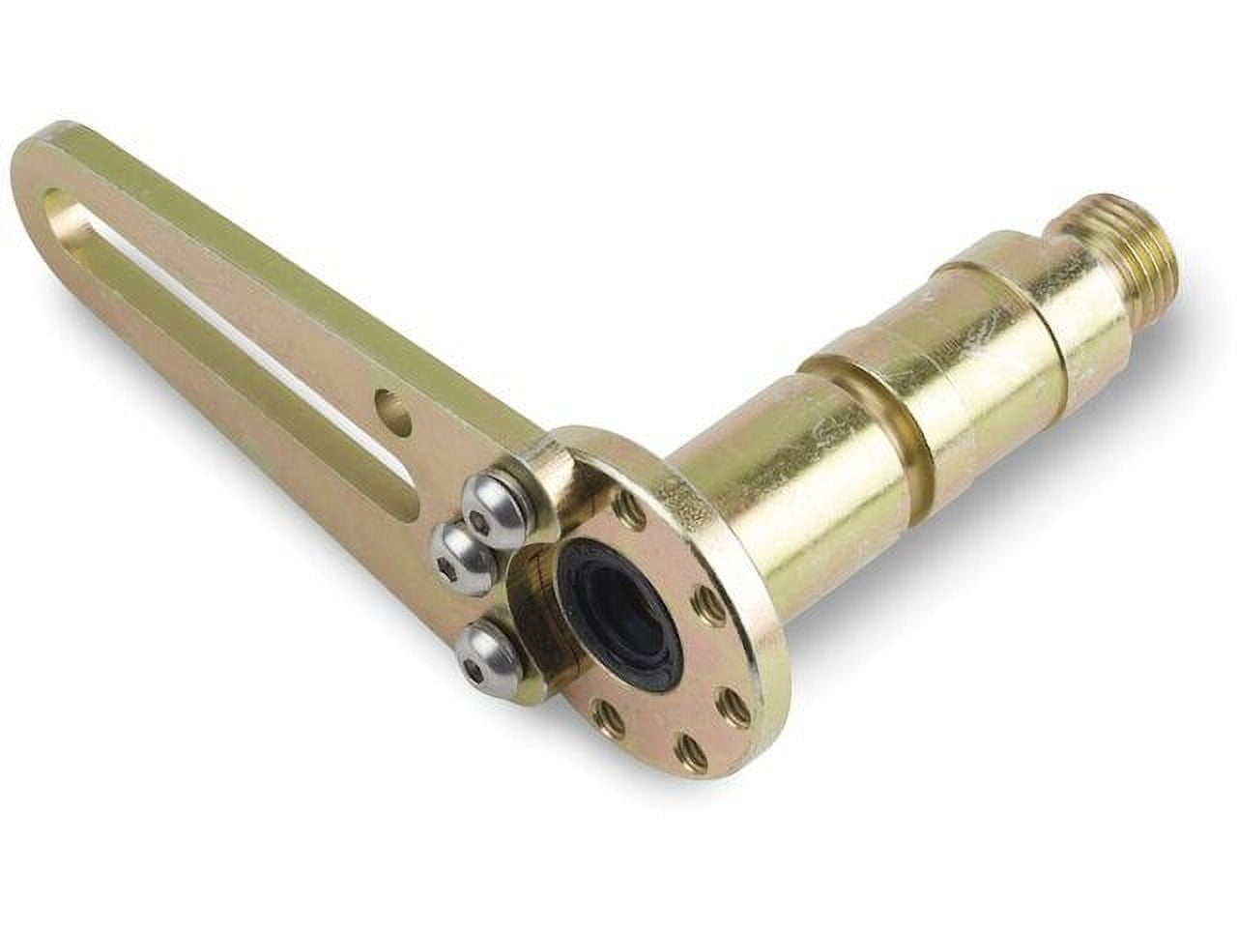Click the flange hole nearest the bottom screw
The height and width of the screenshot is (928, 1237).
tap(611, 715)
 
